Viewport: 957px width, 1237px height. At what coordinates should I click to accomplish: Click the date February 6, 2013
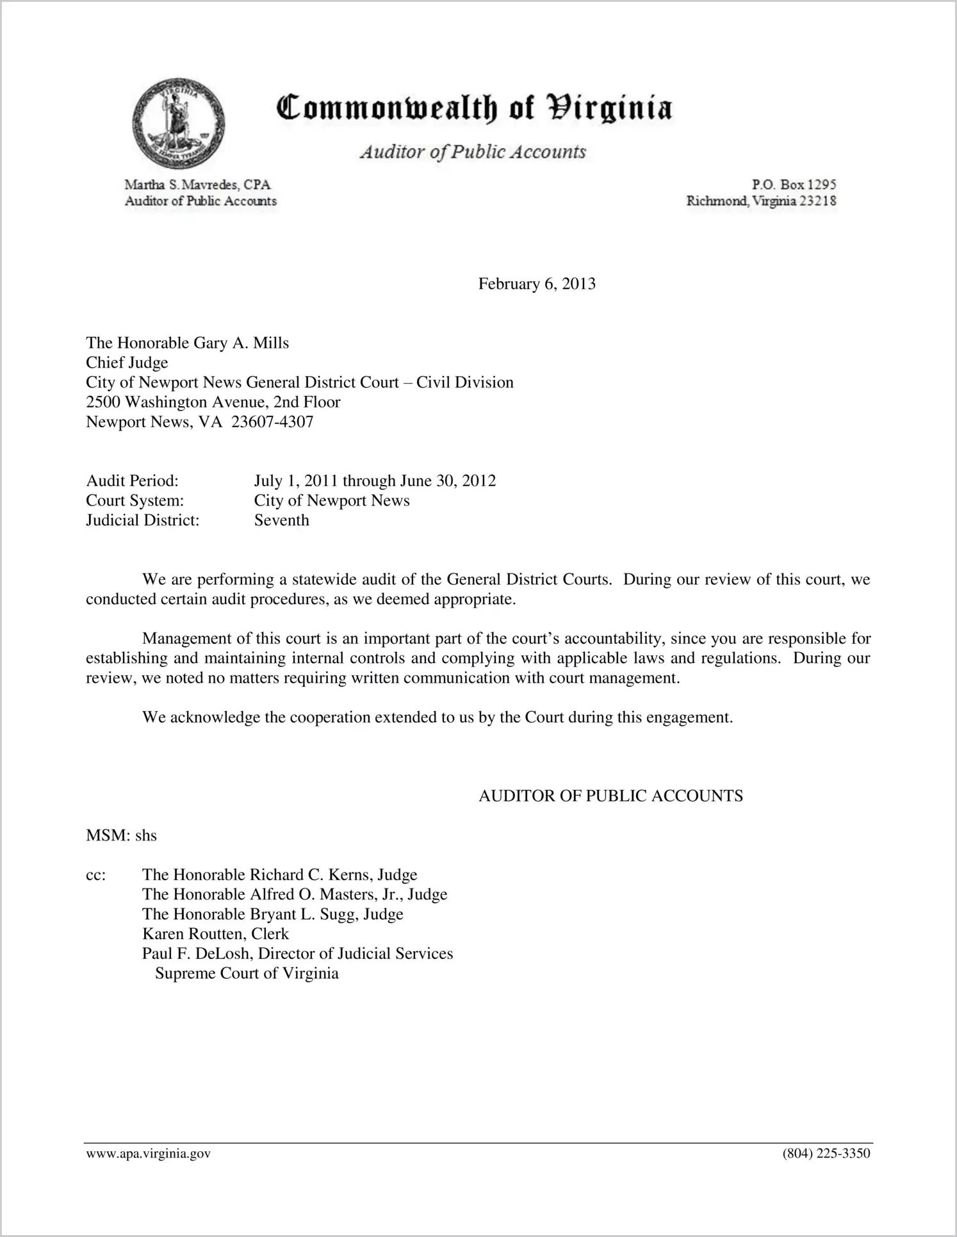coord(537,284)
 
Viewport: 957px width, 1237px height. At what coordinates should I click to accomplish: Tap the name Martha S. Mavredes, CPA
coord(197,184)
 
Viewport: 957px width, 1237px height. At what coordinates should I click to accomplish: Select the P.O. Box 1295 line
coord(794,184)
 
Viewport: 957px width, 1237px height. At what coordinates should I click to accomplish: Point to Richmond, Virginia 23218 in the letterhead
coord(761,201)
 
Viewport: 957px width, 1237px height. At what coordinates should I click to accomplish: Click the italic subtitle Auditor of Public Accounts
coord(473,152)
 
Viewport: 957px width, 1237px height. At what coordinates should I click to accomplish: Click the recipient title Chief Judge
coord(127,363)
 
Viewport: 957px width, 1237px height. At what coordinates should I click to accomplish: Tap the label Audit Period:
coord(132,480)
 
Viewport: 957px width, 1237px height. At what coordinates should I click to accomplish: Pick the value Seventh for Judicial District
coord(281,520)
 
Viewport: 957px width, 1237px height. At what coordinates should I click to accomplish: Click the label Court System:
coord(135,500)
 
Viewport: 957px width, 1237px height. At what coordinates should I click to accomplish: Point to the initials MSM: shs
coord(121,835)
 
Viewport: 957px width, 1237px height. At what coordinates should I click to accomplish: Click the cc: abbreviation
coord(95,875)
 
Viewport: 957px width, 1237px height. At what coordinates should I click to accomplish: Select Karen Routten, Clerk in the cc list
coord(215,934)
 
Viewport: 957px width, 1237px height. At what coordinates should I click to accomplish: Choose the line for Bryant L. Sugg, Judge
coord(272,914)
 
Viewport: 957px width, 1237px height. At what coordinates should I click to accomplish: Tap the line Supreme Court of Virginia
coord(247,974)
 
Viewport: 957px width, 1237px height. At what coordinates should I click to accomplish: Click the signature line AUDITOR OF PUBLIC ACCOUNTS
coord(610,796)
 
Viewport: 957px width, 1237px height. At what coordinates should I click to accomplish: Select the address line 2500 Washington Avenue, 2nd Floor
coord(213,402)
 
